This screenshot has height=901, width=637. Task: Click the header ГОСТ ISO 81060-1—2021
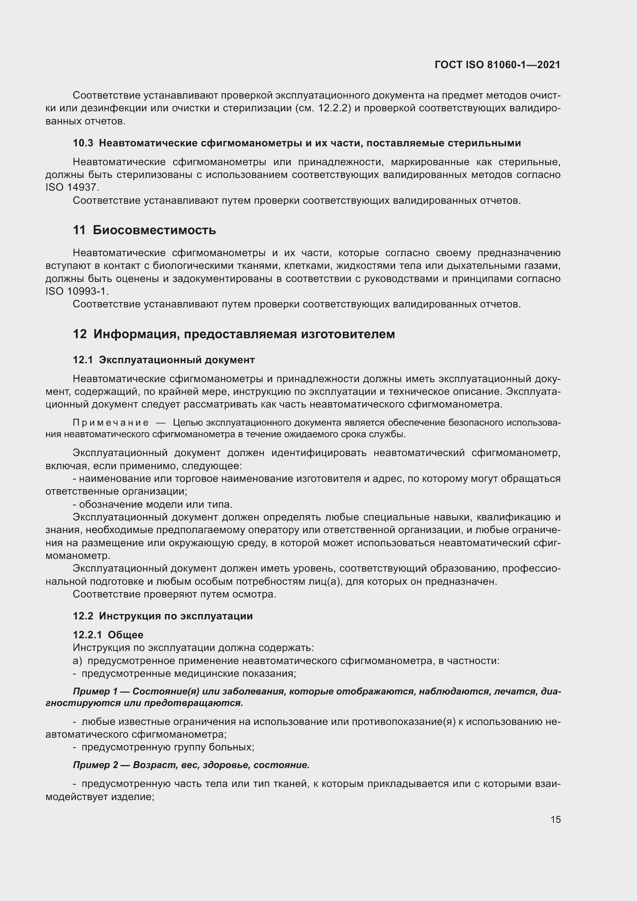[497, 65]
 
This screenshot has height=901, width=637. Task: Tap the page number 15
[555, 819]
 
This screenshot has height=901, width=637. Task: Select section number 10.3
[83, 143]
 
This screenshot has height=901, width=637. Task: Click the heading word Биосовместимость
[154, 230]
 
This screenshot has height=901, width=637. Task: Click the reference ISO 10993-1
[77, 291]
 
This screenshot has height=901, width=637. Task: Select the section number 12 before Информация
[80, 334]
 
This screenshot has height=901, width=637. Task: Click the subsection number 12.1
[83, 360]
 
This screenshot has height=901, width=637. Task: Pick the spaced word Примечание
[111, 423]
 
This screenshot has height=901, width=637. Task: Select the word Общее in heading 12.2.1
[126, 634]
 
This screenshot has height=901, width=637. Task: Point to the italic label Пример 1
[95, 691]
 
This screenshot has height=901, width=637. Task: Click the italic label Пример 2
[95, 765]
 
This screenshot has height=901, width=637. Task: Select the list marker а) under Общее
[77, 661]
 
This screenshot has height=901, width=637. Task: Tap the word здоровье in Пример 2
[229, 765]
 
